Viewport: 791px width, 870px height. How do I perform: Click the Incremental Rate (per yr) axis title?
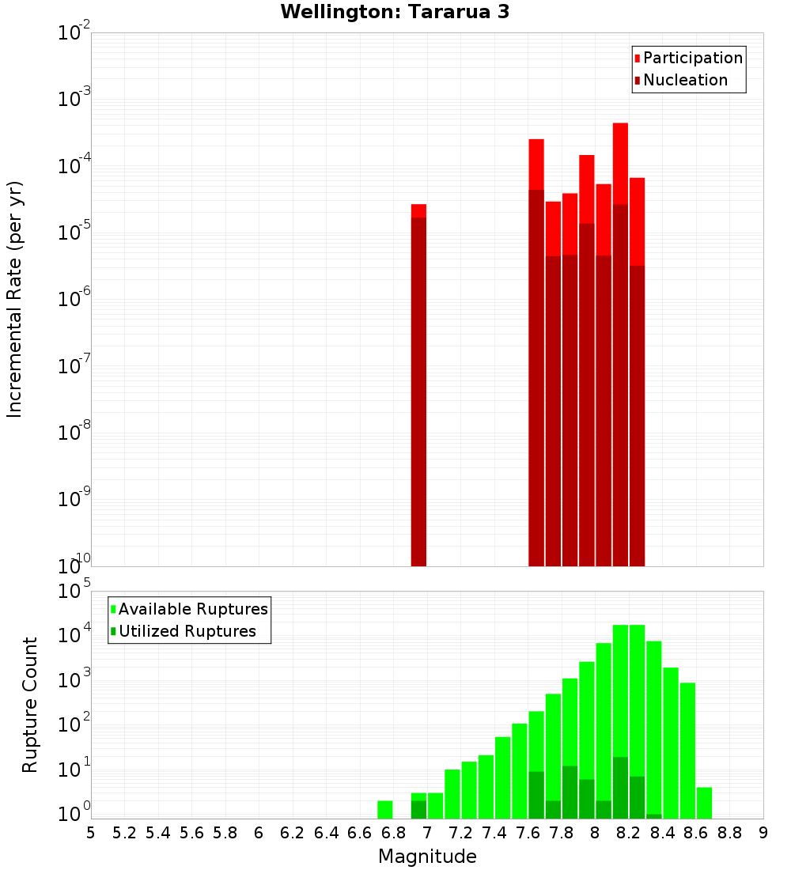click(15, 299)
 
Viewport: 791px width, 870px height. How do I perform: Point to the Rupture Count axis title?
click(30, 704)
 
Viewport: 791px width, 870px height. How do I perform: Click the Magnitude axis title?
click(427, 857)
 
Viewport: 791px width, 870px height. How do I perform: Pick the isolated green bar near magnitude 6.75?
click(385, 809)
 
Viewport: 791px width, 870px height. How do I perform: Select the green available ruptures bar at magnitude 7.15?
click(452, 793)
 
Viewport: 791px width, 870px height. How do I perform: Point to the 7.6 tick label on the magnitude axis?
click(528, 833)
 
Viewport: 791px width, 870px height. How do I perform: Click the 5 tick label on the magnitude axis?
click(91, 833)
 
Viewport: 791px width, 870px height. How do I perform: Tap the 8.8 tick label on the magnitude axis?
click(730, 833)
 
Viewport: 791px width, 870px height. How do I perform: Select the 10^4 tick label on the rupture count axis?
click(74, 634)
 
